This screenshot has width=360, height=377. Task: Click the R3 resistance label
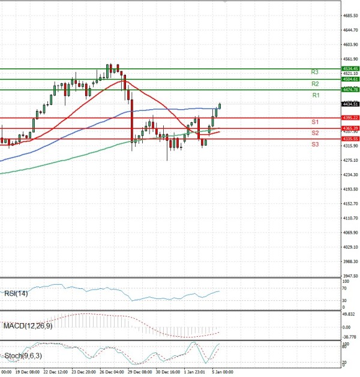coord(314,72)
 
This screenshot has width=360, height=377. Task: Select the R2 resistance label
coord(314,84)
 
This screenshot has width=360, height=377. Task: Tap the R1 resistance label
coord(316,95)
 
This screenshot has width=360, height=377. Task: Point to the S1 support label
coord(314,122)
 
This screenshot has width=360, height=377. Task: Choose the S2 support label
coord(314,132)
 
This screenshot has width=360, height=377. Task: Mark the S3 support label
coord(314,144)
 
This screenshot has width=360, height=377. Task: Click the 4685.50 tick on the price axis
coord(350,16)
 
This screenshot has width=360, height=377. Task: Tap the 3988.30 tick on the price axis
coord(350,261)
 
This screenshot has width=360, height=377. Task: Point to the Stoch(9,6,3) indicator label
coord(22,356)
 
